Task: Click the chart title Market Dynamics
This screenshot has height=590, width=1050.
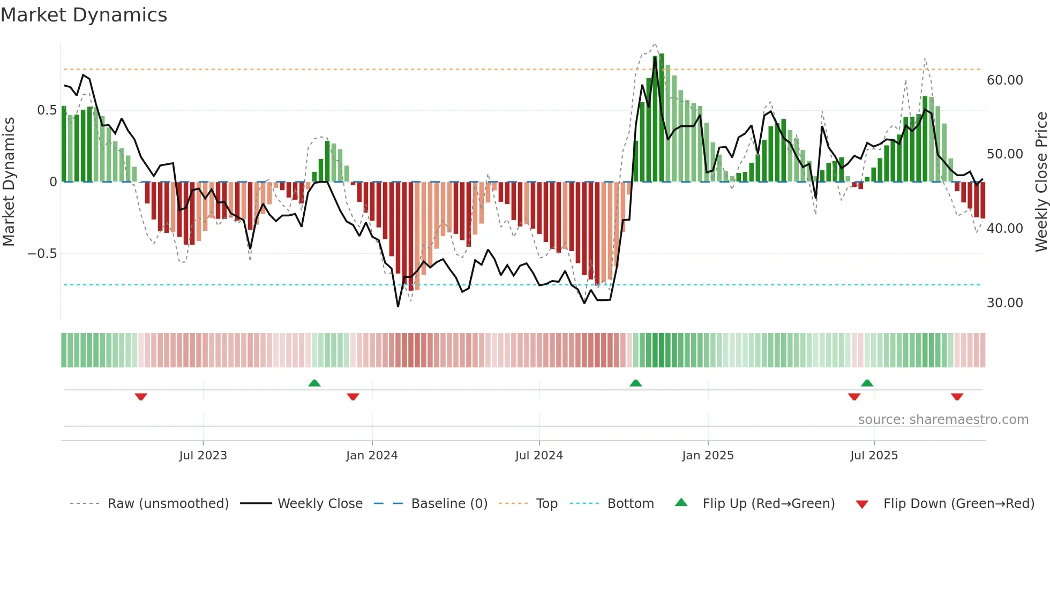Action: pyautogui.click(x=84, y=15)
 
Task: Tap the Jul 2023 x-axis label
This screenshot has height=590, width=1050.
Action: pyautogui.click(x=203, y=456)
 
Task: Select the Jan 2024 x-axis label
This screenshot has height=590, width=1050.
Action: pyautogui.click(x=372, y=456)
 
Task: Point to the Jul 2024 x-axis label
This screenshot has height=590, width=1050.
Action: pyautogui.click(x=539, y=456)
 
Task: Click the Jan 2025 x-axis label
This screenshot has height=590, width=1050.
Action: pyautogui.click(x=708, y=456)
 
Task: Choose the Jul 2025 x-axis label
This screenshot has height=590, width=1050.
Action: pyautogui.click(x=874, y=456)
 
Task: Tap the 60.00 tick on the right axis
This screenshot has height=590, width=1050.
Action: pyautogui.click(x=1004, y=80)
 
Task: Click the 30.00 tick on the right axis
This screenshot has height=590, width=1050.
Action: pyautogui.click(x=1004, y=303)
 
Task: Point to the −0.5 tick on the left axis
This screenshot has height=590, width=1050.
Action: pyautogui.click(x=42, y=254)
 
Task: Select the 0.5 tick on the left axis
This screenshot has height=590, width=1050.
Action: pyautogui.click(x=47, y=110)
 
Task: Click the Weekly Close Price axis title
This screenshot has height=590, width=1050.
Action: pyautogui.click(x=1041, y=181)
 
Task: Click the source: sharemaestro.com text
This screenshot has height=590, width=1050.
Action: pyautogui.click(x=943, y=420)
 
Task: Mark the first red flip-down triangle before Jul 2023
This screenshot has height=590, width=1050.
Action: pyautogui.click(x=141, y=397)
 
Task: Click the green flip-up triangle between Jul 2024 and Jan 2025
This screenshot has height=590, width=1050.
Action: pyautogui.click(x=635, y=383)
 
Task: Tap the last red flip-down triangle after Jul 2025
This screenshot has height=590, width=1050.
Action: pyautogui.click(x=957, y=397)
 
